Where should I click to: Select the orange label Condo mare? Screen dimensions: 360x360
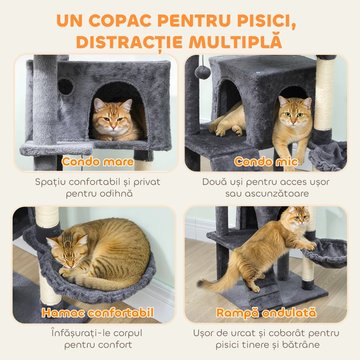[x=98, y=162]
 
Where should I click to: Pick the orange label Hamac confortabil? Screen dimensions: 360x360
[x=98, y=313]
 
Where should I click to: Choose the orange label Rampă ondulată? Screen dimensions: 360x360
[x=266, y=313]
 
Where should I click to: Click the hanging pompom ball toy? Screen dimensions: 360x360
[x=204, y=72]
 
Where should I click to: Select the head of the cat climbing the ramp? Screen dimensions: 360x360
[x=297, y=219]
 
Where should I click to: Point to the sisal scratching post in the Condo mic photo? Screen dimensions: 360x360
[x=325, y=94]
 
